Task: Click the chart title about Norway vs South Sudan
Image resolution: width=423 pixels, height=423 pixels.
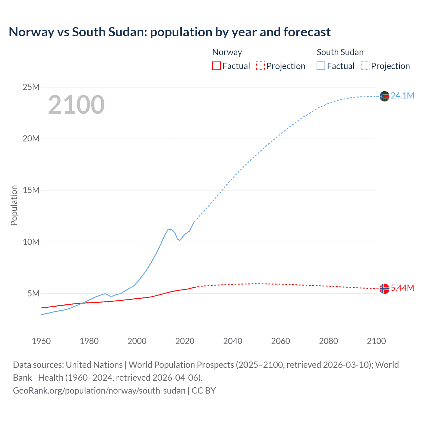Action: [x=170, y=32]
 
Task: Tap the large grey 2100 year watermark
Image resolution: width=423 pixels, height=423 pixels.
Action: [x=76, y=105]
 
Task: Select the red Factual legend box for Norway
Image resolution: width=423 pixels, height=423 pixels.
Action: [x=216, y=66]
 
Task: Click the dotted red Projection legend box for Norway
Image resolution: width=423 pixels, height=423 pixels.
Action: [x=260, y=66]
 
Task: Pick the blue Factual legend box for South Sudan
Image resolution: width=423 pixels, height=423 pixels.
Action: [x=321, y=66]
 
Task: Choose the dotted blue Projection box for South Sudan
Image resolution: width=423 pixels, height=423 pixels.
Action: [x=365, y=66]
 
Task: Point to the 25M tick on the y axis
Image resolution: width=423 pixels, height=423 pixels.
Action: [x=31, y=87]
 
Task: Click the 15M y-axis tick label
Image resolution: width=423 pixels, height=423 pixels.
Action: [x=31, y=190]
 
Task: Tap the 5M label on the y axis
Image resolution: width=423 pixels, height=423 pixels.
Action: [x=33, y=293]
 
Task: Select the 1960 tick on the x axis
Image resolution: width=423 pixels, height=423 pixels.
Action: [x=41, y=341]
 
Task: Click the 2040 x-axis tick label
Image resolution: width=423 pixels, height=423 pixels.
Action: [x=233, y=341]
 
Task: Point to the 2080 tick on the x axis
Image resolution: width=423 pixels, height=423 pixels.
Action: [x=328, y=341]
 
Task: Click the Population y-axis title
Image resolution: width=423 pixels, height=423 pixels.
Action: [x=14, y=205]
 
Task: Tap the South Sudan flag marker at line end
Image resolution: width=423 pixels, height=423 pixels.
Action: [x=384, y=96]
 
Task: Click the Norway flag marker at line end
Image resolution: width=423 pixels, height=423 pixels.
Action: [x=384, y=288]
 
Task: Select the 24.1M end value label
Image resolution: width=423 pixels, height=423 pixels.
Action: [x=402, y=96]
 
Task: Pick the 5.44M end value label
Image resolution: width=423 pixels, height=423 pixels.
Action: [x=402, y=288]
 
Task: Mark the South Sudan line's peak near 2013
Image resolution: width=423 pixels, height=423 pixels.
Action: [x=170, y=229]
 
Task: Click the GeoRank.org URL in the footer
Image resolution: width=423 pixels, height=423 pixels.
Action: [x=99, y=391]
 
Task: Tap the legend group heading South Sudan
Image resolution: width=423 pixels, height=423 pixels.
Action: [x=340, y=52]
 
